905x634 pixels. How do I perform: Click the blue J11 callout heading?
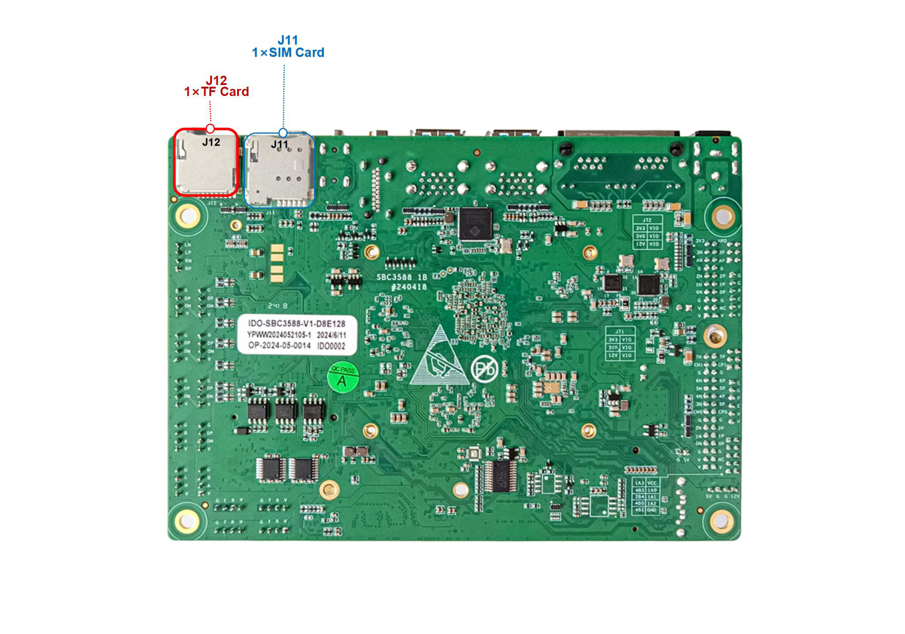(288, 40)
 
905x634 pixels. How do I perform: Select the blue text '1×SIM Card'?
(288, 53)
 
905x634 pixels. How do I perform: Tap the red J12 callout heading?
(216, 81)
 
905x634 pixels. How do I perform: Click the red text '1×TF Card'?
(216, 92)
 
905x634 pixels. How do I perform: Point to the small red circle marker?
(210, 129)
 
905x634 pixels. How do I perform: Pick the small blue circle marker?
(283, 133)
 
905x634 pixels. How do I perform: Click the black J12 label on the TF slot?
(211, 142)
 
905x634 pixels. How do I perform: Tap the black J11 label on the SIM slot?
(279, 144)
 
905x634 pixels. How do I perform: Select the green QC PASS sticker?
(343, 378)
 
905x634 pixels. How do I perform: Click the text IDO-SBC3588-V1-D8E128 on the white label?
(297, 324)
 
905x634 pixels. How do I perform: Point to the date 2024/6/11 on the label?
(331, 335)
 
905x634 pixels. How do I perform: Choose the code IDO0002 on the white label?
(331, 346)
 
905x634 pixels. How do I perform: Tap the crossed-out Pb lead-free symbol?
(484, 369)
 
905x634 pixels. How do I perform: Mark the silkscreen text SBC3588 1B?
(402, 277)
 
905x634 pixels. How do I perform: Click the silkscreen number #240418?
(409, 287)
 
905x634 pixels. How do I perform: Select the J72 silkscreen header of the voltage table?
(647, 220)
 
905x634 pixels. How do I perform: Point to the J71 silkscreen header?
(619, 332)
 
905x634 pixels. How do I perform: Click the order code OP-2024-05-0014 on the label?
(279, 346)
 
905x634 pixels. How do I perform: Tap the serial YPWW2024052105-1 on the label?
(279, 335)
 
